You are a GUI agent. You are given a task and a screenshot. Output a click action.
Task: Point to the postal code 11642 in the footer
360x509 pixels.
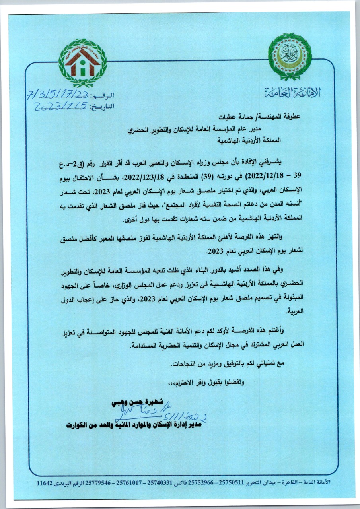point(44,483)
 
